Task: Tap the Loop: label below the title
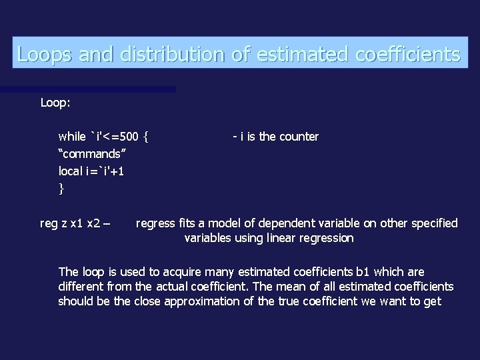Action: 57,104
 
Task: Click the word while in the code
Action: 72,137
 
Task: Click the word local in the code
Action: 71,171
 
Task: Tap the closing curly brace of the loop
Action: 61,189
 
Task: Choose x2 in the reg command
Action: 94,223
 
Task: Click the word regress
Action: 155,223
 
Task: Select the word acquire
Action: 183,272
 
